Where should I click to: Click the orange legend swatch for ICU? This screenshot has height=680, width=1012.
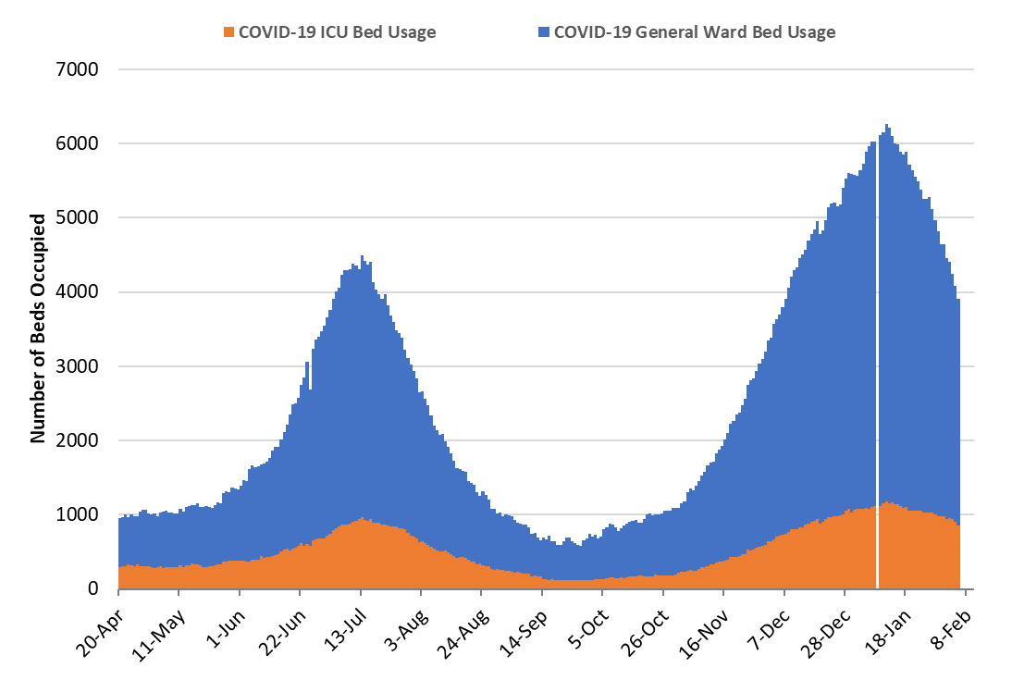tap(229, 32)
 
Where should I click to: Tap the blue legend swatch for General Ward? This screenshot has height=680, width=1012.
tap(544, 32)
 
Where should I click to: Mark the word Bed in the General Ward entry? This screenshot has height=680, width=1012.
tap(769, 32)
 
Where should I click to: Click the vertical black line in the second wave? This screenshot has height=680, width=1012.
tap(877, 370)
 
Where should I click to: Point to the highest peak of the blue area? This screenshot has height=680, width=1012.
tap(887, 126)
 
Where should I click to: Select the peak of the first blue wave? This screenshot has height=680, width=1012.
tap(362, 257)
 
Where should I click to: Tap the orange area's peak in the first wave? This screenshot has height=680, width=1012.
tap(363, 519)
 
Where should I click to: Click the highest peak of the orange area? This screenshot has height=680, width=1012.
tap(887, 502)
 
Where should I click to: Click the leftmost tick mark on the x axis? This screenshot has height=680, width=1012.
tap(118, 593)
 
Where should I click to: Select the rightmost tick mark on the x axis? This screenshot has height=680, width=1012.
tap(965, 593)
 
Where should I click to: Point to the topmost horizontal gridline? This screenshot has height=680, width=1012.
tap(546, 69)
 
